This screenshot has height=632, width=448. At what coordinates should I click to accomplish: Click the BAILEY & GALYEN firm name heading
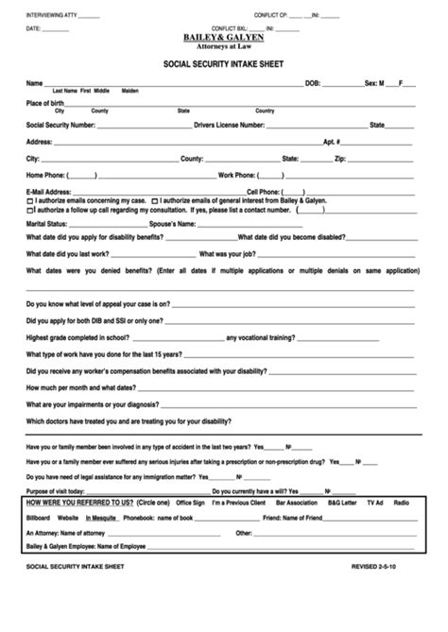click(224, 37)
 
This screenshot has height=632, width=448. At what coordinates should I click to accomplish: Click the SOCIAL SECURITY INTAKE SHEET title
click(224, 66)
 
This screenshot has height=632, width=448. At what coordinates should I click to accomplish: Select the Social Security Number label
click(60, 124)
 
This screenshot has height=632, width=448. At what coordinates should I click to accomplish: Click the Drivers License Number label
click(229, 124)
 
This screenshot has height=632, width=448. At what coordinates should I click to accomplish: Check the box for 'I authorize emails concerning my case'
click(30, 201)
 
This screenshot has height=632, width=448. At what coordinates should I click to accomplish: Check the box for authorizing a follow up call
click(30, 210)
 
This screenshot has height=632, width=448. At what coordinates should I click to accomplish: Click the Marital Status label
click(47, 224)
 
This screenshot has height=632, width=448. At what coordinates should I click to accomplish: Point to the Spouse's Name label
click(172, 224)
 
